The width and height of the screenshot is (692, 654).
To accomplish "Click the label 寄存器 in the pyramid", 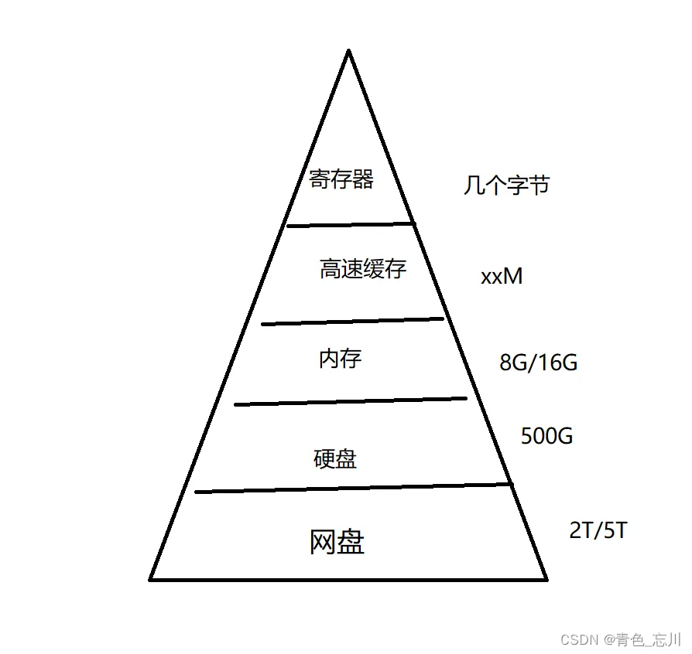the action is pos(341,180).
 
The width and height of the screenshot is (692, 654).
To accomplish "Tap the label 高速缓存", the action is pos(362,269).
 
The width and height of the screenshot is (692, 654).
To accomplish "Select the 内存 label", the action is pos(340,359).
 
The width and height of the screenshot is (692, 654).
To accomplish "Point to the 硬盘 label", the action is pos(335,459).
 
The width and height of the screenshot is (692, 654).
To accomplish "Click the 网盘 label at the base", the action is pos(337,543).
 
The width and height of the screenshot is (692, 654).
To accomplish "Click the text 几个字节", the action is pos(506,186).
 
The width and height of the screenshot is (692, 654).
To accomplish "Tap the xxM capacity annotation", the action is pos(502,276).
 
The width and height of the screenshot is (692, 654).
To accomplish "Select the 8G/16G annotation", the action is pos(539,362).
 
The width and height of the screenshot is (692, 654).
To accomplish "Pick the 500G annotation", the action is pos(546,436).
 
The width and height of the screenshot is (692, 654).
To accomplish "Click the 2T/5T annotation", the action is pos(598,531).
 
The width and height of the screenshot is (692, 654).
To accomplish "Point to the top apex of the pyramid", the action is pos(348,52).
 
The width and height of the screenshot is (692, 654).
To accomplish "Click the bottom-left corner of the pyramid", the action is pos(152,578).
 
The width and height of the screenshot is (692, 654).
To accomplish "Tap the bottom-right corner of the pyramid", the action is pos(546,578).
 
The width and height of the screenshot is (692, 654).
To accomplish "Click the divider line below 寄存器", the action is pos(350,224).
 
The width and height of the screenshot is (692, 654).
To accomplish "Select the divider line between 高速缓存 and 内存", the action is pos(352,321).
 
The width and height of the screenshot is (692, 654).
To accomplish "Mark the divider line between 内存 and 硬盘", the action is pos(350,400).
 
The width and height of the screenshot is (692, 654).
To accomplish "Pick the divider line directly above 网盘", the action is pos(353,488).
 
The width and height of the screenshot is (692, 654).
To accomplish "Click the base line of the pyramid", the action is pos(348,579).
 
